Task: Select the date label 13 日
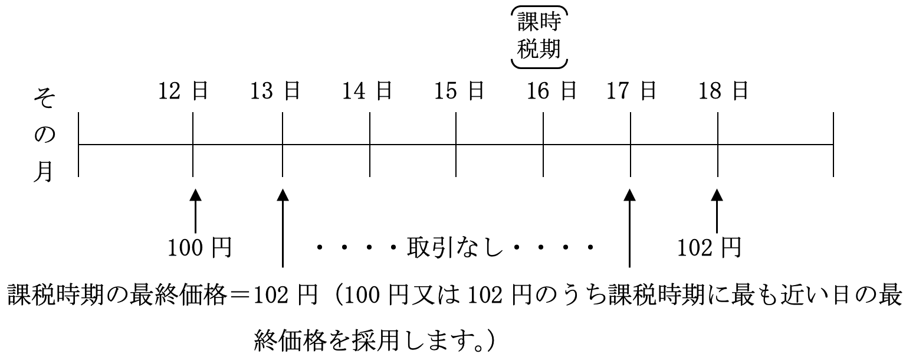275,91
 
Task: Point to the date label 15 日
459,91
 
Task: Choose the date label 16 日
552,91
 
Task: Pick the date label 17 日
631,91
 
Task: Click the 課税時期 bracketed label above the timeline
539,37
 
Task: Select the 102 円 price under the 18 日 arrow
708,248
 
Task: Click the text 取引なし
454,248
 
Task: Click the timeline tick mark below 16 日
543,144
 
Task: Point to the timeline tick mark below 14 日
370,144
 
